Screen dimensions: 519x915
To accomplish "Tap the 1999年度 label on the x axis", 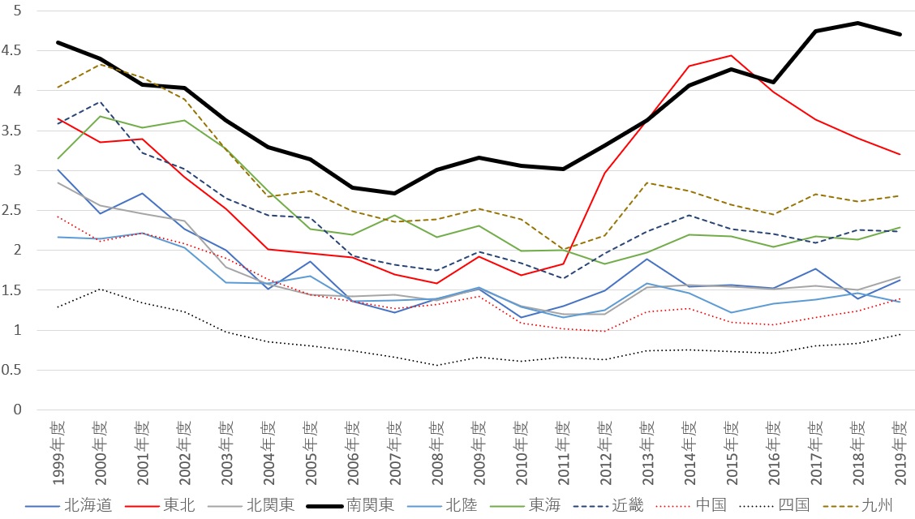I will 56,450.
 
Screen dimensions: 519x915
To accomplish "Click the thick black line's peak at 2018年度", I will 857,23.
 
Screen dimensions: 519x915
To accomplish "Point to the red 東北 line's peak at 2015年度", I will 731,56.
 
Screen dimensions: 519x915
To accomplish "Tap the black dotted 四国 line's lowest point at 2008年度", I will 436,365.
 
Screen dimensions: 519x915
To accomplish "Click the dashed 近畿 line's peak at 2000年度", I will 98,102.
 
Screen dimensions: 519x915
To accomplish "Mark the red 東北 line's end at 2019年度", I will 900,154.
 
